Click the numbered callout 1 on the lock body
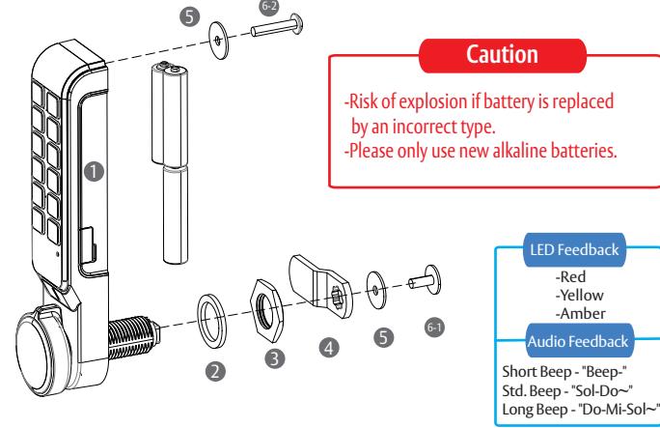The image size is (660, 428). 94,171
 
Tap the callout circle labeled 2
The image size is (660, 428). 215,372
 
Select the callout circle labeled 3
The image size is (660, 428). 274,358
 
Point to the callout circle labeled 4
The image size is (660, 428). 329,348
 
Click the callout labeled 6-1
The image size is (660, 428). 434,328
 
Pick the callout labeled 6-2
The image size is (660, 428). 269,7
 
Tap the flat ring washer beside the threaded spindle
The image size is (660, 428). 211,320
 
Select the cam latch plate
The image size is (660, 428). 320,286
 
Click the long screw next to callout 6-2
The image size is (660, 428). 276,26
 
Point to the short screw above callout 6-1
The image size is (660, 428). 426,280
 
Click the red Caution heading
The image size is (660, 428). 502,55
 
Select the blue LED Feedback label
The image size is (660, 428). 574,250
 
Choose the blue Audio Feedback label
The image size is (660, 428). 578,341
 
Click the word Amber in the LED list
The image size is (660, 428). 581,313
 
